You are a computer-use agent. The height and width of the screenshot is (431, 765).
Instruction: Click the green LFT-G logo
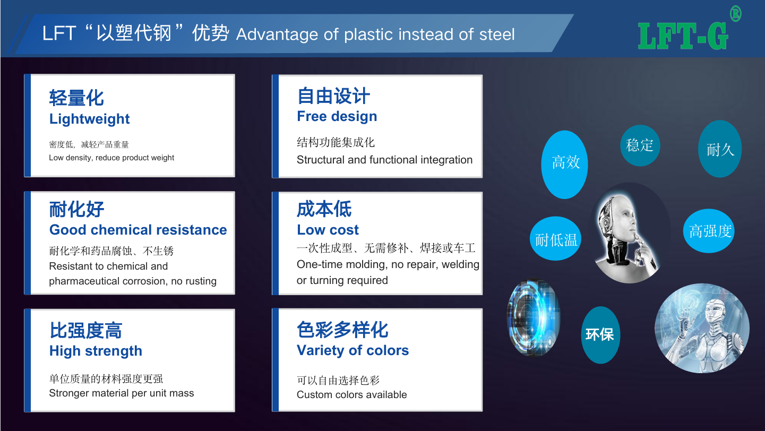tap(683, 36)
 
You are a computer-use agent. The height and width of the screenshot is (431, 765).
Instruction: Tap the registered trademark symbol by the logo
tap(735, 14)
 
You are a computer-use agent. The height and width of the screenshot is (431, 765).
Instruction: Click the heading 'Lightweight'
tap(90, 119)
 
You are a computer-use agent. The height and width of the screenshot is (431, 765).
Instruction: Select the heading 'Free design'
tap(337, 116)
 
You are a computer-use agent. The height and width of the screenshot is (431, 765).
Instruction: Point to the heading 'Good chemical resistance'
tap(138, 230)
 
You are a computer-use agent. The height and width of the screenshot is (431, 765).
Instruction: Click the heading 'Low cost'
tap(328, 230)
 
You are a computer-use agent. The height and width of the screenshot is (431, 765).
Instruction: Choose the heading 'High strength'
tap(96, 351)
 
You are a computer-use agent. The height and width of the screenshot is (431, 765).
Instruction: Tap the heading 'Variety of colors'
tap(353, 350)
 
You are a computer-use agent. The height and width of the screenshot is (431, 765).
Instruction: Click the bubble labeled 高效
tap(564, 164)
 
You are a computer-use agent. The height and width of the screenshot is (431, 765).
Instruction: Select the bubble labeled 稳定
tap(640, 145)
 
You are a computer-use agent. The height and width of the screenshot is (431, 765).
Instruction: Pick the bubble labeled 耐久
tap(720, 149)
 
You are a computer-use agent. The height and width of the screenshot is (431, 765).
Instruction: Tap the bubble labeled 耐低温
tap(556, 238)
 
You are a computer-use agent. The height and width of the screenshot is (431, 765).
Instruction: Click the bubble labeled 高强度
tap(709, 231)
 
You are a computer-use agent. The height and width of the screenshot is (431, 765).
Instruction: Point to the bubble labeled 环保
tap(600, 335)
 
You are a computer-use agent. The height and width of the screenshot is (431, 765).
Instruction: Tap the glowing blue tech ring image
tap(533, 318)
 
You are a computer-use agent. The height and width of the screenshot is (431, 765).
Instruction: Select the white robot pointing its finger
tap(702, 328)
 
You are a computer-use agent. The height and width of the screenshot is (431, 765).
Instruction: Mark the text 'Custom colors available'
tap(352, 395)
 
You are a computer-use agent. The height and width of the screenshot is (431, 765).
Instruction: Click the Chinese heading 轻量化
tap(76, 98)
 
